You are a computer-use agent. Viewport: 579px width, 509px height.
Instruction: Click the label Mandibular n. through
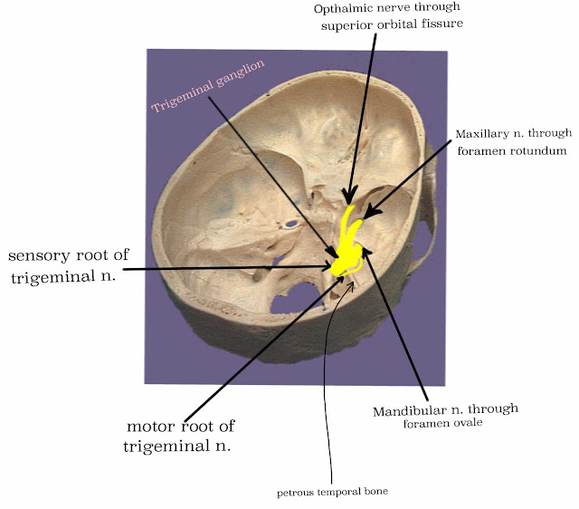(x=445, y=410)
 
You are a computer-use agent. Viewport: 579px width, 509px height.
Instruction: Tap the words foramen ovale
(x=446, y=424)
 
